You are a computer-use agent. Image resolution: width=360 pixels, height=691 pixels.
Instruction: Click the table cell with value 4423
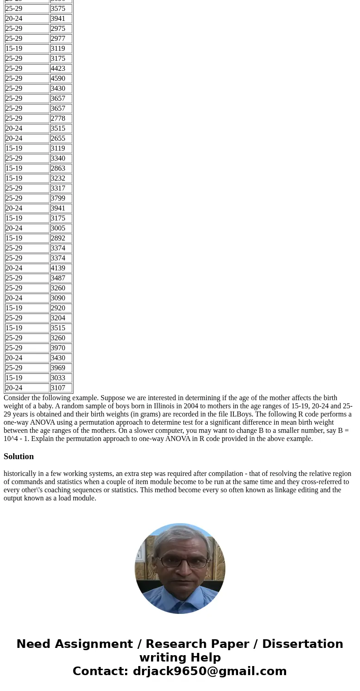[x=61, y=69]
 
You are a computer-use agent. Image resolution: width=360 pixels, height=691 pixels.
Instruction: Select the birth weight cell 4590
[x=61, y=78]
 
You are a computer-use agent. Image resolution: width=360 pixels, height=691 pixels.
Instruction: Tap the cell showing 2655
[x=61, y=138]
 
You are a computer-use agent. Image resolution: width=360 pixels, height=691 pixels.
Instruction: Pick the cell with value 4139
[x=61, y=268]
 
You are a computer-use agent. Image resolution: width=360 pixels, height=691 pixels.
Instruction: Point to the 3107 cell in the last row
[x=61, y=388]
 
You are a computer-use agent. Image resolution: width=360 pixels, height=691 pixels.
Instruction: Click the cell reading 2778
[x=61, y=118]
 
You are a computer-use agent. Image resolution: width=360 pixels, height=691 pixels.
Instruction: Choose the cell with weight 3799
[x=61, y=198]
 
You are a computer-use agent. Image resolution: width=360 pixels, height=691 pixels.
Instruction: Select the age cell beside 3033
[x=27, y=378]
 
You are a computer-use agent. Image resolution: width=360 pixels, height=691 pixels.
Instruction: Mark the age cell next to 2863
[x=27, y=168]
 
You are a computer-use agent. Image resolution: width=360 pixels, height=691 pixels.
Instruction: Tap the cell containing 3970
[x=61, y=348]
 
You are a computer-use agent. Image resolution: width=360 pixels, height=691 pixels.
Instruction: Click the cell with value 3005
[x=61, y=228]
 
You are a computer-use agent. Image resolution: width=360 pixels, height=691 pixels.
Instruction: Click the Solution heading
[x=19, y=456]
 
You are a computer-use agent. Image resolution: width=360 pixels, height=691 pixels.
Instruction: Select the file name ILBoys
[x=241, y=414]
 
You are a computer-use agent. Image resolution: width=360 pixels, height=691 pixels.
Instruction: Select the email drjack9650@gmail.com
[x=209, y=671]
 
